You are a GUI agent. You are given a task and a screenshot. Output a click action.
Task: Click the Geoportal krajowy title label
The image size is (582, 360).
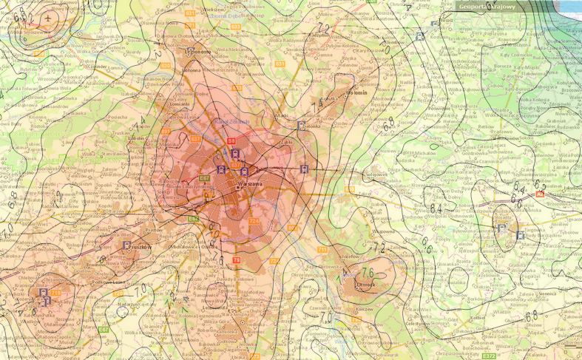487,7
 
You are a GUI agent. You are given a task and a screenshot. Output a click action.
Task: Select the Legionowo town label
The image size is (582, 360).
197,52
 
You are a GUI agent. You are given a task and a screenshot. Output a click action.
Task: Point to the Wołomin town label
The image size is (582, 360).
354,93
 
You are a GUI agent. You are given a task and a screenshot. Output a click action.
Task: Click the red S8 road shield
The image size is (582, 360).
231,140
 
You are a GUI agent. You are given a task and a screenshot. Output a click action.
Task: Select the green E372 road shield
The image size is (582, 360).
489,356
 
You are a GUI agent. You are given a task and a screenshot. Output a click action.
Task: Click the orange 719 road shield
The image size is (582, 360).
56,293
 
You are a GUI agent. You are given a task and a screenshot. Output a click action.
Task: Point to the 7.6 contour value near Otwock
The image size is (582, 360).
367,273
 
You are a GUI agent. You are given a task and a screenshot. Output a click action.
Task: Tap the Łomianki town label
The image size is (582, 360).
180,104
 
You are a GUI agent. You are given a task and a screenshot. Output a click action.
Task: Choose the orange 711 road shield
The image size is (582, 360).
322,250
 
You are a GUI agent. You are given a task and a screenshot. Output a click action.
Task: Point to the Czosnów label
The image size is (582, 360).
97,67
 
